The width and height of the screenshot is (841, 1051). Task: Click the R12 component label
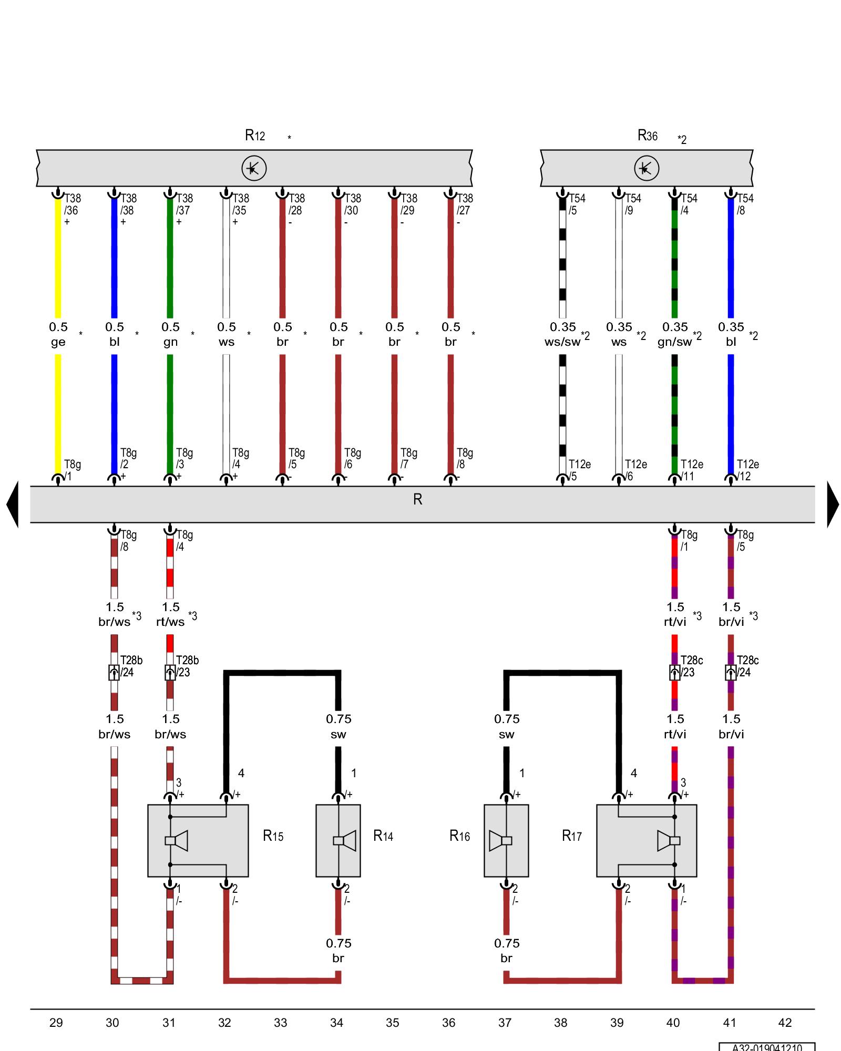pyautogui.click(x=255, y=136)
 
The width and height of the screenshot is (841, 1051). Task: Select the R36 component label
pyautogui.click(x=647, y=136)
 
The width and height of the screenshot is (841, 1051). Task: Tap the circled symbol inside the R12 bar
pyautogui.click(x=254, y=168)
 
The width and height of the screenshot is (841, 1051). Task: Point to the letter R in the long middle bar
pyautogui.click(x=417, y=499)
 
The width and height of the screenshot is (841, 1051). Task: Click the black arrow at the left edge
pyautogui.click(x=13, y=504)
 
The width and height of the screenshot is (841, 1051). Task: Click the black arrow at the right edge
pyautogui.click(x=833, y=504)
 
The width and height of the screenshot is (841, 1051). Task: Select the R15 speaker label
pyautogui.click(x=273, y=836)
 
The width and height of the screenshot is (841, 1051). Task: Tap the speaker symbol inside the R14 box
pyautogui.click(x=345, y=841)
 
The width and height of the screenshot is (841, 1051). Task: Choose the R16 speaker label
pyautogui.click(x=459, y=836)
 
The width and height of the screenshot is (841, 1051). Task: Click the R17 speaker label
pyautogui.click(x=572, y=836)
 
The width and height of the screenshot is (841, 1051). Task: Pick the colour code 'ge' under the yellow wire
pyautogui.click(x=58, y=342)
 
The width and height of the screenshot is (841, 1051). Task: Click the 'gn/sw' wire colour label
pyautogui.click(x=674, y=342)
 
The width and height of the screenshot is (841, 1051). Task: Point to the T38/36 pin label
pyautogui.click(x=72, y=204)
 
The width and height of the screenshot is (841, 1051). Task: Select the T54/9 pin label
pyautogui.click(x=632, y=204)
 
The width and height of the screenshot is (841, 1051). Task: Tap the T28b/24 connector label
pyautogui.click(x=130, y=666)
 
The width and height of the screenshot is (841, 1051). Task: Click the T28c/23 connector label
pyautogui.click(x=691, y=666)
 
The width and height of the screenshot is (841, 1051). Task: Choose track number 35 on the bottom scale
pyautogui.click(x=393, y=1023)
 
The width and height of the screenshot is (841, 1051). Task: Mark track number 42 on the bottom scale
pyautogui.click(x=785, y=1023)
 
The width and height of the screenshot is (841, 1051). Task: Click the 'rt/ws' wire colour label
pyautogui.click(x=170, y=622)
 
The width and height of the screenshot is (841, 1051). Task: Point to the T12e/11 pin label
pyautogui.click(x=691, y=470)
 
